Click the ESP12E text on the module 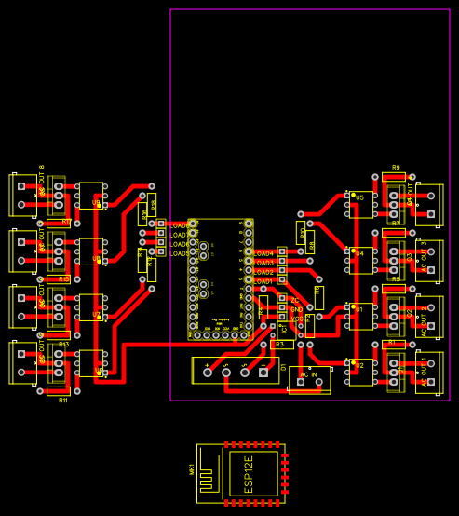[249, 474]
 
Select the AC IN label [309, 374]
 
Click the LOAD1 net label [263, 280]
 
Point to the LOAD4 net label [263, 253]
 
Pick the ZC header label [295, 300]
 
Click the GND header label [295, 309]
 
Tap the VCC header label [295, 319]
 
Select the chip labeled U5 [360, 198]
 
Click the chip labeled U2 [360, 367]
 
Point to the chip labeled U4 [360, 253]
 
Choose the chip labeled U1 [360, 310]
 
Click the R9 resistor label [396, 168]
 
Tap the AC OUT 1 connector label [424, 371]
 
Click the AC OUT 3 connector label [424, 256]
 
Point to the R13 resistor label [63, 345]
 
